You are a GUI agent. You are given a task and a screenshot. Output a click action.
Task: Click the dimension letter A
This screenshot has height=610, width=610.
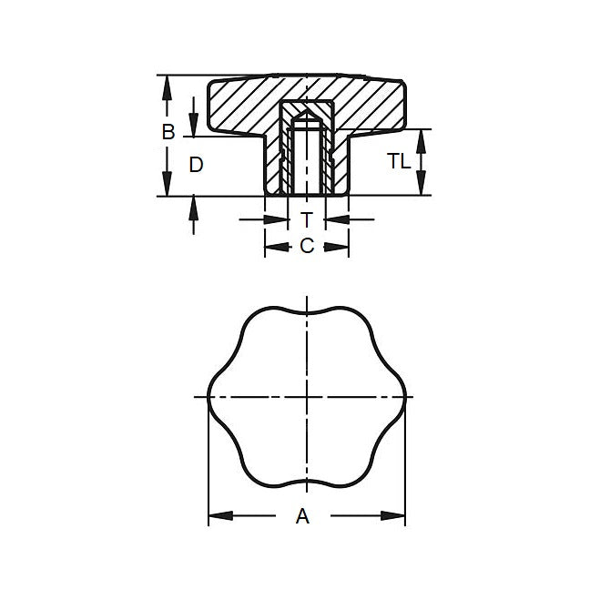(x=303, y=516)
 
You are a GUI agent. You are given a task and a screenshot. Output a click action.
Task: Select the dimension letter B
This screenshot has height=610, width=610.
(x=168, y=132)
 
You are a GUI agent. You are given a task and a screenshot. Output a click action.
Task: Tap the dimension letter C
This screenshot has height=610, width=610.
(x=307, y=245)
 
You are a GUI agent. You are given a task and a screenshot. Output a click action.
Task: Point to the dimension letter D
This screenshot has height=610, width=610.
(x=196, y=165)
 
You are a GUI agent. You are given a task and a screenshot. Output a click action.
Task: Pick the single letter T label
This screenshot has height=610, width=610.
(x=307, y=219)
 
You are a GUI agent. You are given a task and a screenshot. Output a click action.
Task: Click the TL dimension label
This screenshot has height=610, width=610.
(x=398, y=161)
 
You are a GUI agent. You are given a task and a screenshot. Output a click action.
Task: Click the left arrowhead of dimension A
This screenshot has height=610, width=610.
(x=217, y=516)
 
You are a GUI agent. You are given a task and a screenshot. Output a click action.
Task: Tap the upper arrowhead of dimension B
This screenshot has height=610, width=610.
(x=166, y=84)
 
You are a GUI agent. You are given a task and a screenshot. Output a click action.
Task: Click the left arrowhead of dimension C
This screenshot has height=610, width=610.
(x=271, y=246)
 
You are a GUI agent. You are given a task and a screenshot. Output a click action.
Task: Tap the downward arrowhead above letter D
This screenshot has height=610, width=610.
(x=193, y=128)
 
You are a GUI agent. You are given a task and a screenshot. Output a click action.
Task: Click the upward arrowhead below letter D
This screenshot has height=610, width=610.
(x=193, y=206)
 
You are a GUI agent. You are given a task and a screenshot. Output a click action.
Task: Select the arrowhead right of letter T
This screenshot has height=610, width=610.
(x=332, y=219)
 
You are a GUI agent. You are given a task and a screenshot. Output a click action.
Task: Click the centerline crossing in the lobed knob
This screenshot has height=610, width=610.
(x=307, y=397)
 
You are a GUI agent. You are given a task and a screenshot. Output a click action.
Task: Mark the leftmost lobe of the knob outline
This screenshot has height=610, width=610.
(x=210, y=397)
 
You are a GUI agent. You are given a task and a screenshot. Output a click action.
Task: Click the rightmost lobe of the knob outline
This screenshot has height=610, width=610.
(x=404, y=397)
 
